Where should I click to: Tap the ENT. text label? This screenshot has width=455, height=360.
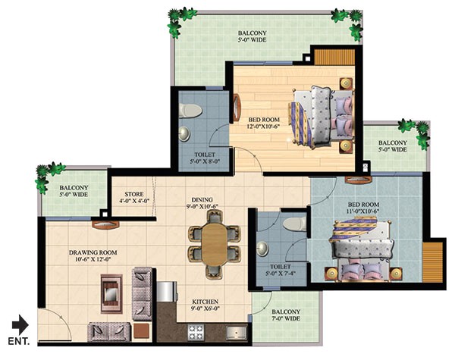(x=19, y=343)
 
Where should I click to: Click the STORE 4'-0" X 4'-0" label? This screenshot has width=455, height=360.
(x=134, y=198)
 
